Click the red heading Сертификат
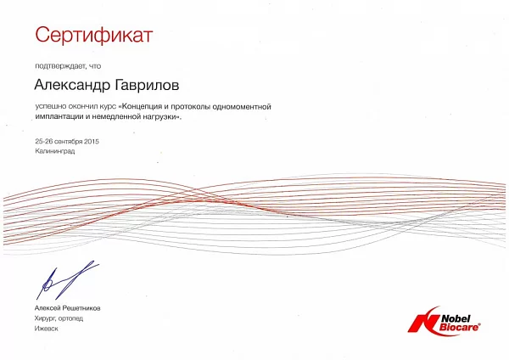[x=94, y=35]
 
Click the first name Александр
[x=72, y=85]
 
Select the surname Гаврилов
[x=147, y=85]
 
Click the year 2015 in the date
[x=92, y=141]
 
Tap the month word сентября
[x=69, y=142]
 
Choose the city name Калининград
[x=55, y=151]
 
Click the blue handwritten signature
[x=67, y=279]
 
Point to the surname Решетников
[x=81, y=308]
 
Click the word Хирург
[x=46, y=318]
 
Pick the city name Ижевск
[x=47, y=329]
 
